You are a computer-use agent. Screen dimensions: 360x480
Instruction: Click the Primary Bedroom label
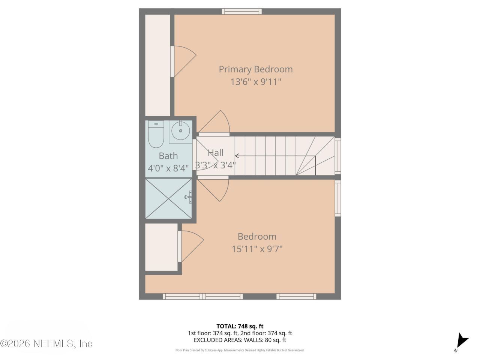coord(255,69)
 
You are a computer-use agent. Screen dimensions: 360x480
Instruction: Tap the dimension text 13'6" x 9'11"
coord(255,82)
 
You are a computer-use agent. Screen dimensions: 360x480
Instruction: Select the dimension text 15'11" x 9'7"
coord(257,249)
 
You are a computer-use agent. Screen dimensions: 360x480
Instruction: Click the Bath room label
coord(168,156)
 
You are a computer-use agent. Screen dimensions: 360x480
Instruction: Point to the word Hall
coord(216,153)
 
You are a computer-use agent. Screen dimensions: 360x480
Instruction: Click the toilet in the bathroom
coord(156,135)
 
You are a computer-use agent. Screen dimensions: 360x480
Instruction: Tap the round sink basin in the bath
coord(181,131)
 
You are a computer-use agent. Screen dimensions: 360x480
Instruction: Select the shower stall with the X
coord(168,198)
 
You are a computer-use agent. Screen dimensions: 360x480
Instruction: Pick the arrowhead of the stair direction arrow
coord(237,156)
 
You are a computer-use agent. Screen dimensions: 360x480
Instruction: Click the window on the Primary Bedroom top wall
coord(242,11)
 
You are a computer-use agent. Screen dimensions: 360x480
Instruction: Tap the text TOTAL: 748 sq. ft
coord(240,326)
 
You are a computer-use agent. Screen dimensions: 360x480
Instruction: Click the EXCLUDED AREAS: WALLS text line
coord(240,340)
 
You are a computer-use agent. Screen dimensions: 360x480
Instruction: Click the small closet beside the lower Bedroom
coord(161,247)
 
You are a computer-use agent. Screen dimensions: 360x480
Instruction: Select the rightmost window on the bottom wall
coord(296,297)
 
